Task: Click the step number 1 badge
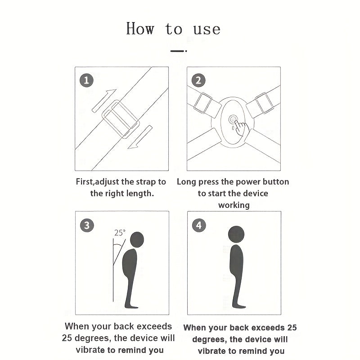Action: coord(86,80)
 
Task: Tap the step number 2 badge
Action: coord(198,80)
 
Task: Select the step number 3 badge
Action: coord(87,225)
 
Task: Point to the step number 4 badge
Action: coord(199,225)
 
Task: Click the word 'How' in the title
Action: coord(140,29)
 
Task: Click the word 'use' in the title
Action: coord(207,30)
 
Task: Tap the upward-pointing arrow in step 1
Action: coord(104,100)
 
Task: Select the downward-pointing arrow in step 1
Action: coord(140,137)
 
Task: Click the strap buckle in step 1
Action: coord(121,119)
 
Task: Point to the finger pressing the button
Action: coord(242,129)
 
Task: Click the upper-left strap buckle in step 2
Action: coord(203,103)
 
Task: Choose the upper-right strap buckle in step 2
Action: coord(264,103)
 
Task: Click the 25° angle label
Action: coord(120,233)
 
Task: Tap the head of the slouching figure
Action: coord(137,239)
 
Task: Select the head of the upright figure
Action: coord(236,234)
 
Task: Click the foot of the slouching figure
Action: coord(132,306)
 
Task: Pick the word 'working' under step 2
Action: coord(234,205)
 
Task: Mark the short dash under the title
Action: coord(178,51)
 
